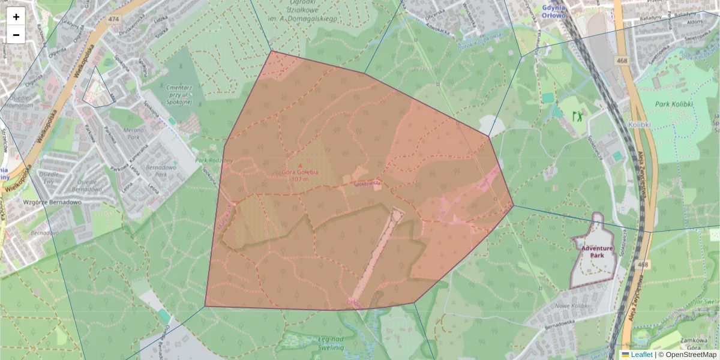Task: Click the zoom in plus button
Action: [x=16, y=17]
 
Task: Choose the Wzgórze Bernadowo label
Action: [x=52, y=202]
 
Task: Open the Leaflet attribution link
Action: [x=641, y=355]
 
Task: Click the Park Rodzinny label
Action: [x=214, y=160]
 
